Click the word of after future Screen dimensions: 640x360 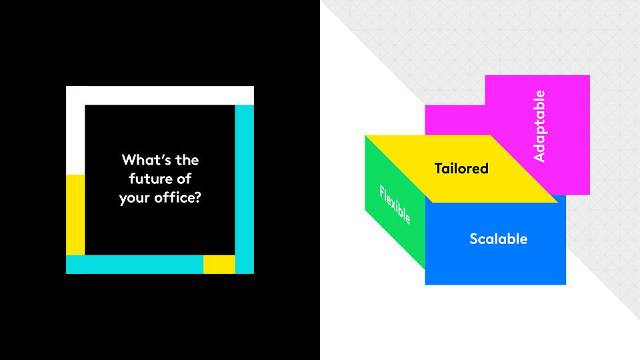184,179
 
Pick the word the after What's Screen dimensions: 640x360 187,159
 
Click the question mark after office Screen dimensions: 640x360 198,197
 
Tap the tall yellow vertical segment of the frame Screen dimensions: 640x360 75,215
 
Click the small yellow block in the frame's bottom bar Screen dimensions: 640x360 219,265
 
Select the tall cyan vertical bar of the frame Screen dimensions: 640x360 245,189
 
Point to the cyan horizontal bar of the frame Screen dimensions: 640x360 135,265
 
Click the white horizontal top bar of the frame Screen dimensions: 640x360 160,95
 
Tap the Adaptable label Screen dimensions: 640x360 539,126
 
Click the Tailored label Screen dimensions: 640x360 461,169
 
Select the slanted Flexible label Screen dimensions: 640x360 395,205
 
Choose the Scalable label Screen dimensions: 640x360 499,239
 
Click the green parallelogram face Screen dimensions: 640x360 395,202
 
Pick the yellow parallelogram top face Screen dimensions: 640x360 461,169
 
